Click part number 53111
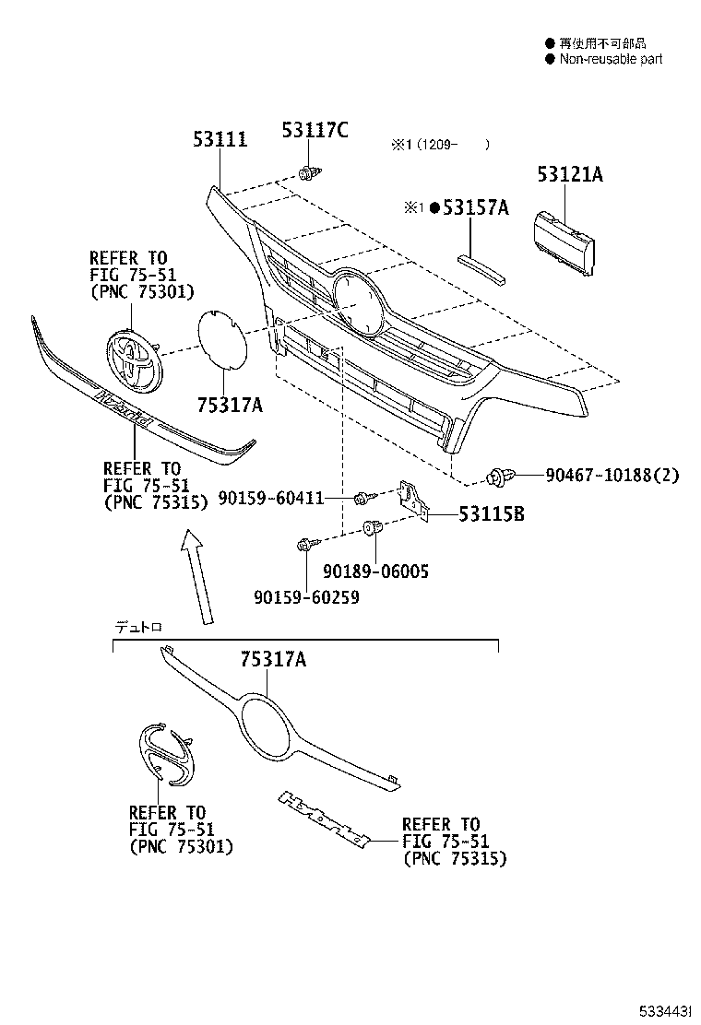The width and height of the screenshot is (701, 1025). (x=220, y=140)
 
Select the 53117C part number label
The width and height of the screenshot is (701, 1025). (x=315, y=131)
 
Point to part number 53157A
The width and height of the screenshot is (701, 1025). (x=475, y=208)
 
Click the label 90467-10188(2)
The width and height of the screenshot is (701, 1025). (x=612, y=476)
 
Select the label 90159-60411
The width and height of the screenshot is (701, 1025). (x=271, y=499)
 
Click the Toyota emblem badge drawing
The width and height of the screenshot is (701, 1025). (x=130, y=359)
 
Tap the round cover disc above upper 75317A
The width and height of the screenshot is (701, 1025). (x=222, y=340)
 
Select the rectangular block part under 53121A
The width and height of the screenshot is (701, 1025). (x=564, y=241)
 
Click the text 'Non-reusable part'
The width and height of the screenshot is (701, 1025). (x=611, y=59)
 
